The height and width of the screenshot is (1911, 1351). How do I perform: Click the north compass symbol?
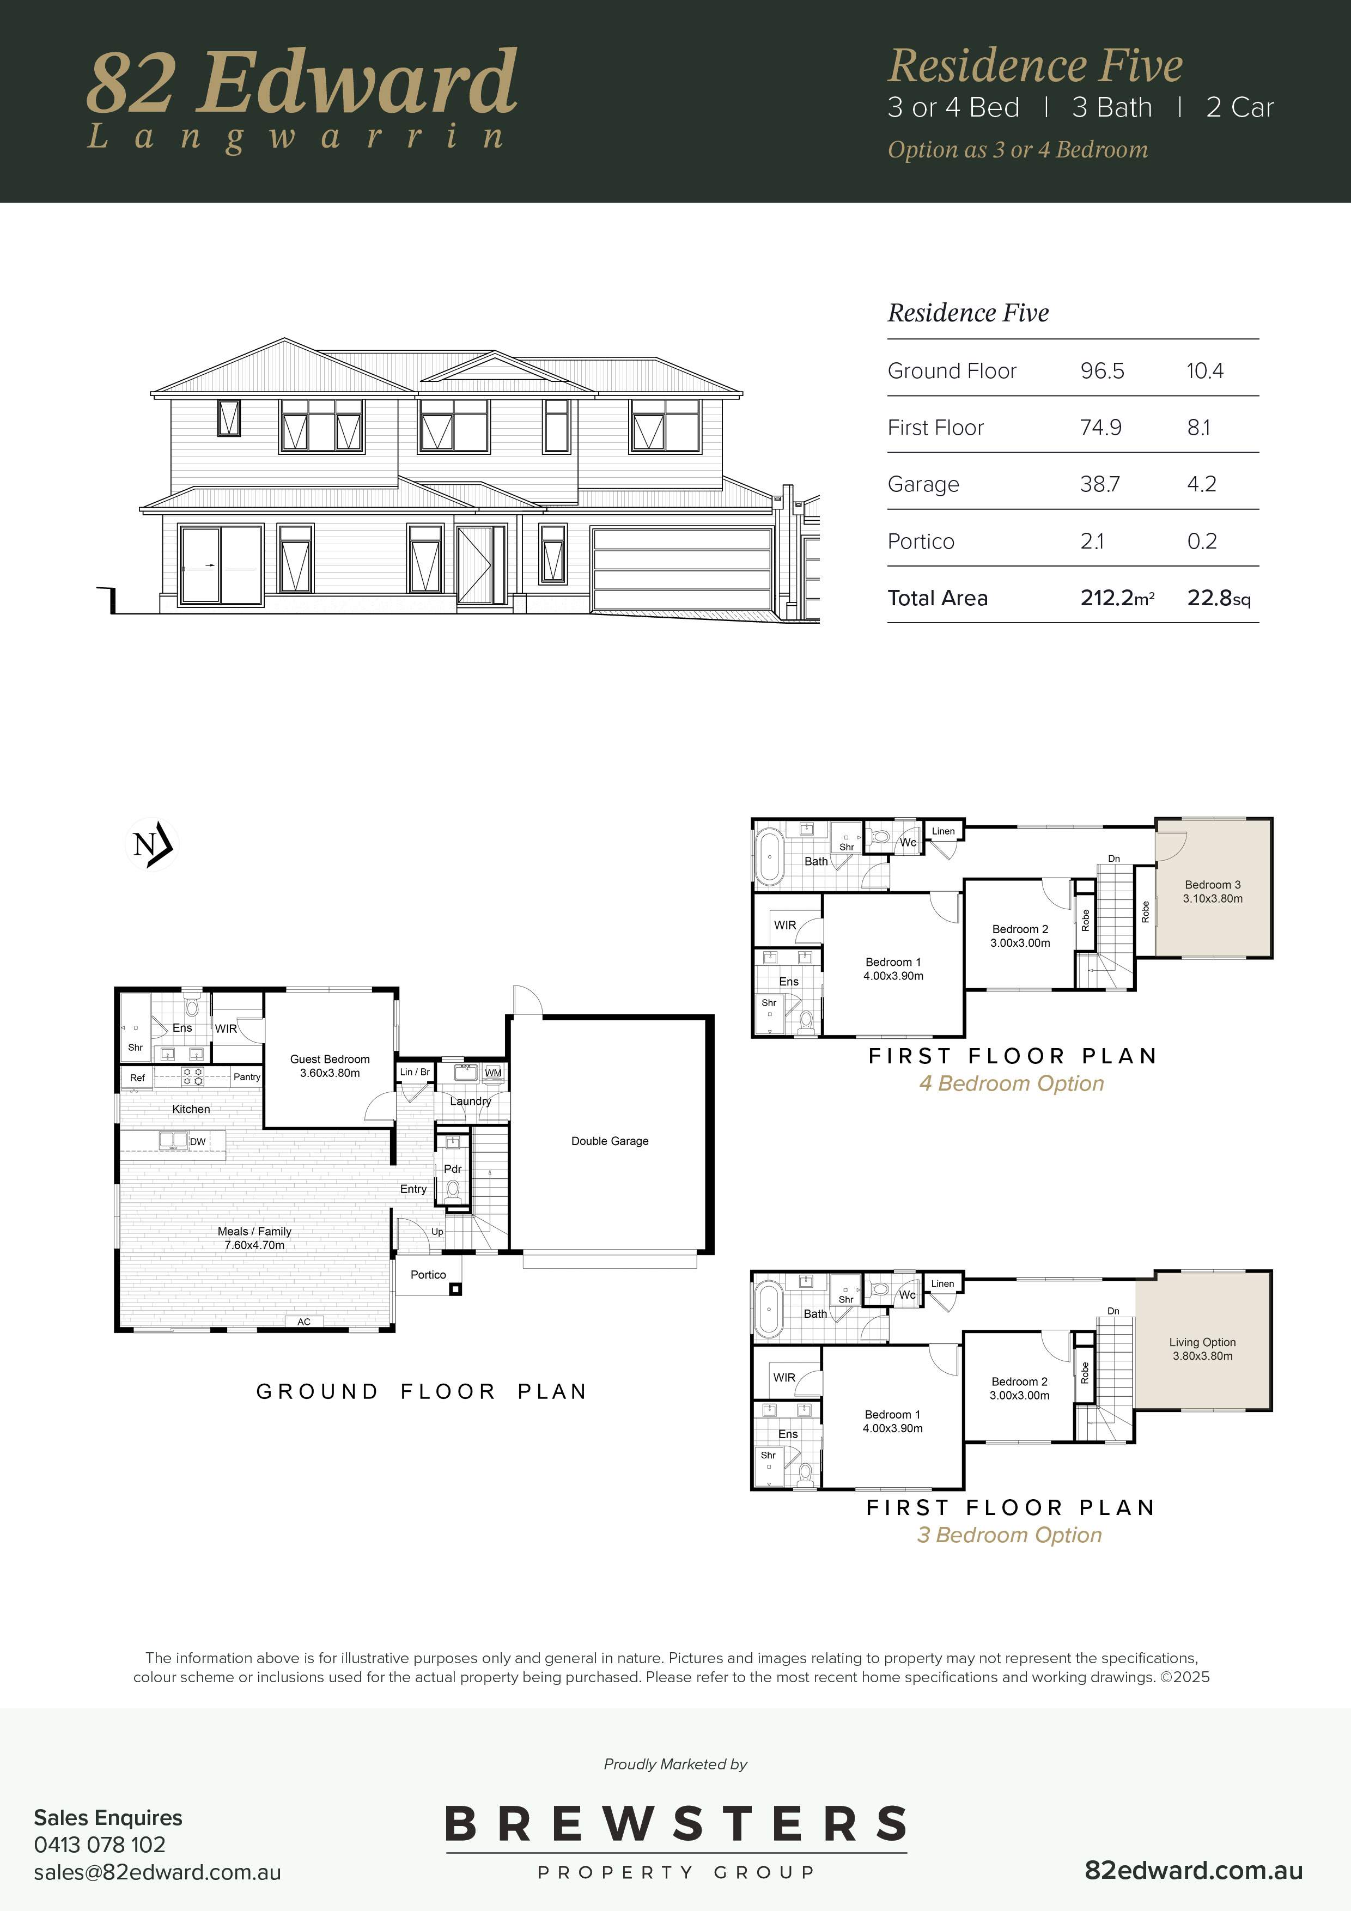151,844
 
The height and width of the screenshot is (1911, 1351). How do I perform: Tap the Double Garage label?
610,1141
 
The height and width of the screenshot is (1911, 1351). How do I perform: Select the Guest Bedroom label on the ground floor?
330,1066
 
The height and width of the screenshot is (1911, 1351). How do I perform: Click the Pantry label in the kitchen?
246,1077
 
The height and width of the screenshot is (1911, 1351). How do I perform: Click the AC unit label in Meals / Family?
304,1322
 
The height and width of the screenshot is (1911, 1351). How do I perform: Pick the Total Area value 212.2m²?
1117,598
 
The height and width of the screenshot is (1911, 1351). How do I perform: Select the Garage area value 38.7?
1100,484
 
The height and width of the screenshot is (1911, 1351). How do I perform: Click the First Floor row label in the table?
936,427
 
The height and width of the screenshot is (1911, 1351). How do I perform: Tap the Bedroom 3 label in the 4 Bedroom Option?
1213,891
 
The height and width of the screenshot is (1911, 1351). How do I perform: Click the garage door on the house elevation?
681,569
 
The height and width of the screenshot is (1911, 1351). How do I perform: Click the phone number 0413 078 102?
100,1845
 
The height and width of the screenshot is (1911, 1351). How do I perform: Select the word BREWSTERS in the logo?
676,1824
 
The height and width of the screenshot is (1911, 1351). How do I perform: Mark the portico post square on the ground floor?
455,1289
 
